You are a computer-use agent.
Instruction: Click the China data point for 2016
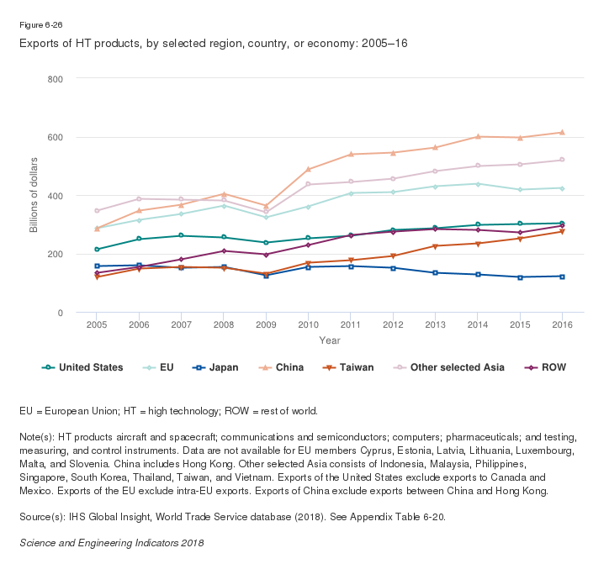click(561, 133)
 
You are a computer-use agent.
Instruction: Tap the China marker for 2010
click(308, 170)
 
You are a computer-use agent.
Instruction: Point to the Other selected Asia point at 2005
click(97, 210)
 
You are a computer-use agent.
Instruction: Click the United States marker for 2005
click(97, 250)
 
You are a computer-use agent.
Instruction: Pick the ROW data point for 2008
click(224, 251)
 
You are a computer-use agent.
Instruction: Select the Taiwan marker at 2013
click(435, 246)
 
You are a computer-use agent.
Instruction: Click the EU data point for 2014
click(477, 184)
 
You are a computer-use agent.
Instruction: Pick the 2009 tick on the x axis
click(266, 324)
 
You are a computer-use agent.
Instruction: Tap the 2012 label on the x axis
click(392, 324)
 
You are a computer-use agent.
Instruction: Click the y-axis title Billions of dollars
click(34, 196)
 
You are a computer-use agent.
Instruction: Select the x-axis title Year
click(329, 340)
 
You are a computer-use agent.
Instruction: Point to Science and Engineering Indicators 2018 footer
click(111, 543)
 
